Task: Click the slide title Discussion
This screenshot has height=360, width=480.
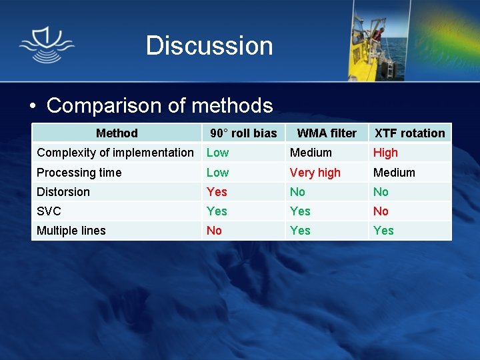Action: coord(209,46)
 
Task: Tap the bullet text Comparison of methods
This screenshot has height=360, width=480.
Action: coord(159,105)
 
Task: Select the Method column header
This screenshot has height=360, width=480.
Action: coord(117,133)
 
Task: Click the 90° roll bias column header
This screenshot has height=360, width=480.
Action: coord(243,133)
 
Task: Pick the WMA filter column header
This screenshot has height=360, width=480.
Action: coord(327,133)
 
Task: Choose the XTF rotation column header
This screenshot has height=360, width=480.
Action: coord(409,133)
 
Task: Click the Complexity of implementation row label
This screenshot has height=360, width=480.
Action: coord(115,153)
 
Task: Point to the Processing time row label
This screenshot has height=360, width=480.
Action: coord(79,173)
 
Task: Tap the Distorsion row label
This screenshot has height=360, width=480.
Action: coord(63,192)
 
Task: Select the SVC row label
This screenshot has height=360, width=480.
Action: coord(49,211)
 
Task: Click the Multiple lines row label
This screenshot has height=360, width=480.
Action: coord(71,231)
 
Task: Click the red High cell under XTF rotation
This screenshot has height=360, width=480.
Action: coord(385,153)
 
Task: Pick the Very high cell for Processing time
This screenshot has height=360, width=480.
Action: coord(315,173)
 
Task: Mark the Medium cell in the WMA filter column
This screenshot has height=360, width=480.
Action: coord(311,153)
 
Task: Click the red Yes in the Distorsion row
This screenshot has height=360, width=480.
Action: coord(217,192)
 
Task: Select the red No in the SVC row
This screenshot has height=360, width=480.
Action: coord(381,211)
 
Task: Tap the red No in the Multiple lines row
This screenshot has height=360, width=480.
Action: coord(214,231)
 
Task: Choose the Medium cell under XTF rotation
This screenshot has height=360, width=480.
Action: coord(394,173)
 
